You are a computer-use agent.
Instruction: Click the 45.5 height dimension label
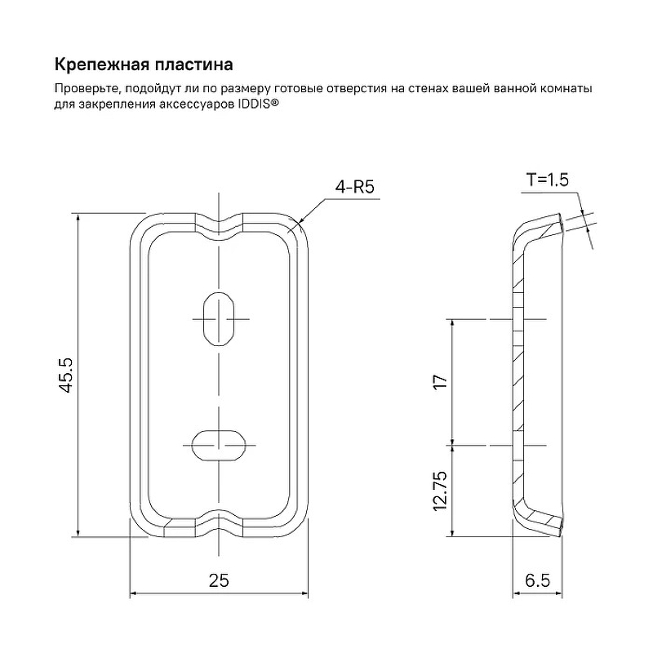point(66,375)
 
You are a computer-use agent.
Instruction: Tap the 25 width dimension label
point(219,580)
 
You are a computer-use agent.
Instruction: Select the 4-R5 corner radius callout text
point(355,187)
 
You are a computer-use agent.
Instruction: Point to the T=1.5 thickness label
point(548,180)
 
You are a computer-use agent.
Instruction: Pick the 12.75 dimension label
point(440,491)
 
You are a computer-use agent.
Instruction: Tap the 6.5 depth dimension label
point(537,580)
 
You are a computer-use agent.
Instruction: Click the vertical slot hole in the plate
point(219,319)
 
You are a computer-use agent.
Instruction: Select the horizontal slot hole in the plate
point(219,445)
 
